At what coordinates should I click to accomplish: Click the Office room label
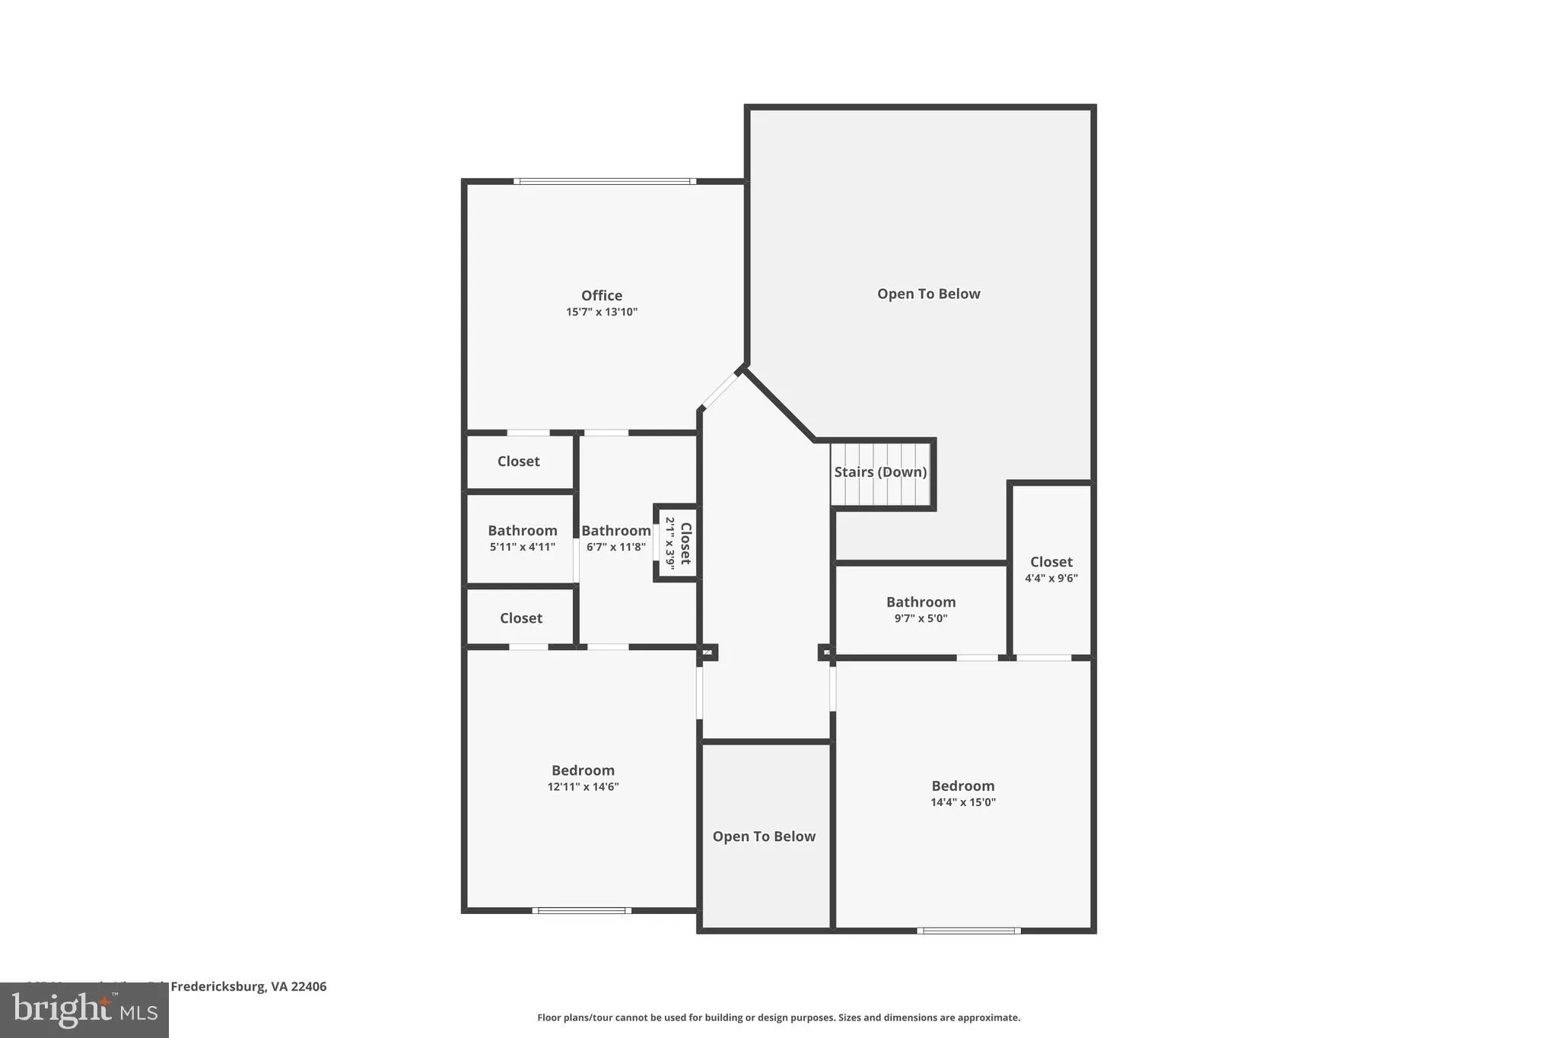601,295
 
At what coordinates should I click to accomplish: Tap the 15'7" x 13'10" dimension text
601,312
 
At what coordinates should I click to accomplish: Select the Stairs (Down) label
880,471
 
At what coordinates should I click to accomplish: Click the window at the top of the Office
605,181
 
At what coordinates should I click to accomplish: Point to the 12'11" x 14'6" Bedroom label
583,770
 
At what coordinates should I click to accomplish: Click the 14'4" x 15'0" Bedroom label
962,786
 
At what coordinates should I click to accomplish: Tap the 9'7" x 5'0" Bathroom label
920,602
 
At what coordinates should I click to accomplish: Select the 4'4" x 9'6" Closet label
1051,562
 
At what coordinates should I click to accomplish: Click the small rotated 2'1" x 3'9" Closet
678,543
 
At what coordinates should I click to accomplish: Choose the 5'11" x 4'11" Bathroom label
522,531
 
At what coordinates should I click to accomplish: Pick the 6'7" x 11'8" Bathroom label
615,531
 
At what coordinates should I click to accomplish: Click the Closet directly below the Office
518,462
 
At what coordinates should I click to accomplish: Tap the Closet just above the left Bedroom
520,618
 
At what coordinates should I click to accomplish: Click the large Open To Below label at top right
928,294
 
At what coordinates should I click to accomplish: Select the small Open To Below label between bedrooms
764,836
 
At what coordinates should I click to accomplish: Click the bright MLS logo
84,1010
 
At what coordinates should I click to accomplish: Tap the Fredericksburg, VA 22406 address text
248,986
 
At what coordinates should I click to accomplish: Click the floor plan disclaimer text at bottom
778,1017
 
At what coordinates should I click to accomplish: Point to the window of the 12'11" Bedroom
582,910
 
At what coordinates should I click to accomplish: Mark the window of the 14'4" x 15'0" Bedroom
968,931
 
